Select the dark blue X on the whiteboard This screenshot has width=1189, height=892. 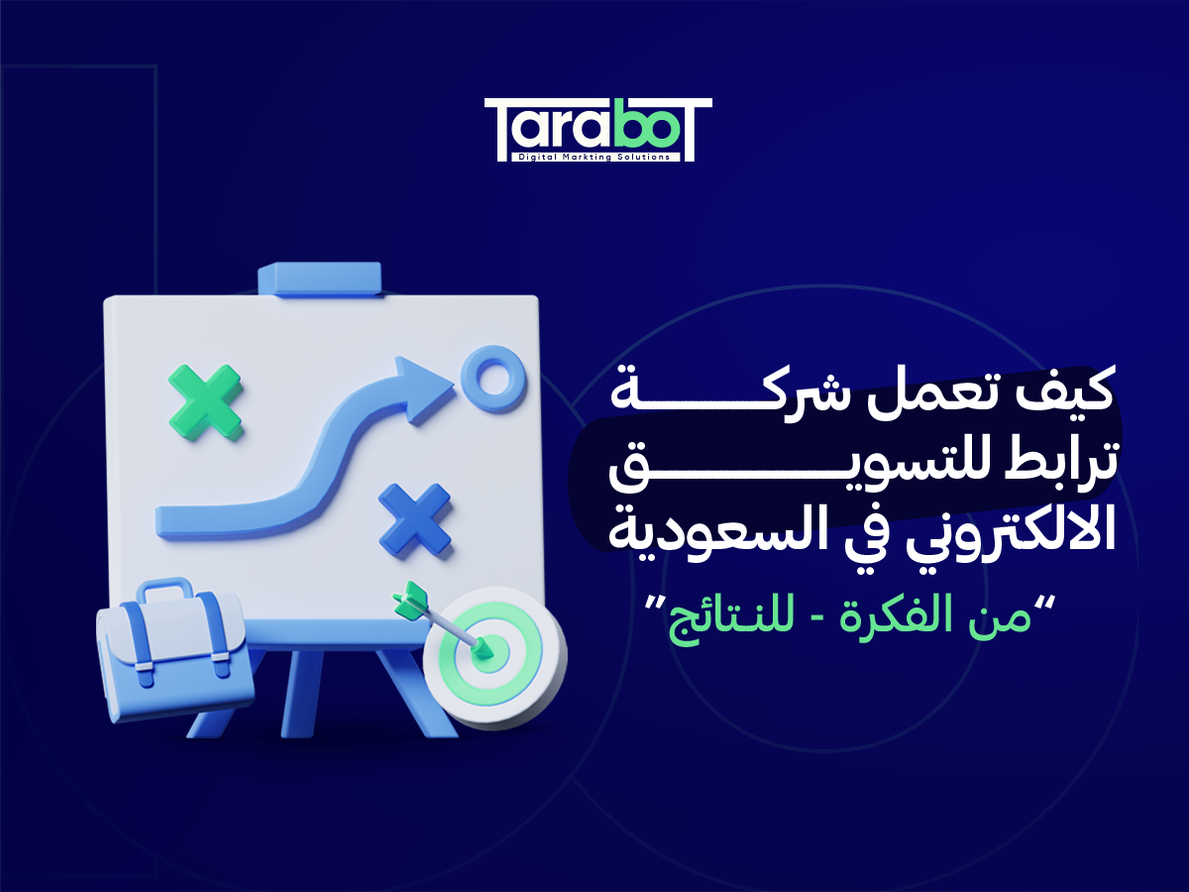point(415,519)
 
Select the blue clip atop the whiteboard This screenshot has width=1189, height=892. point(318,279)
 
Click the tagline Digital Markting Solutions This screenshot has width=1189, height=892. point(594,157)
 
